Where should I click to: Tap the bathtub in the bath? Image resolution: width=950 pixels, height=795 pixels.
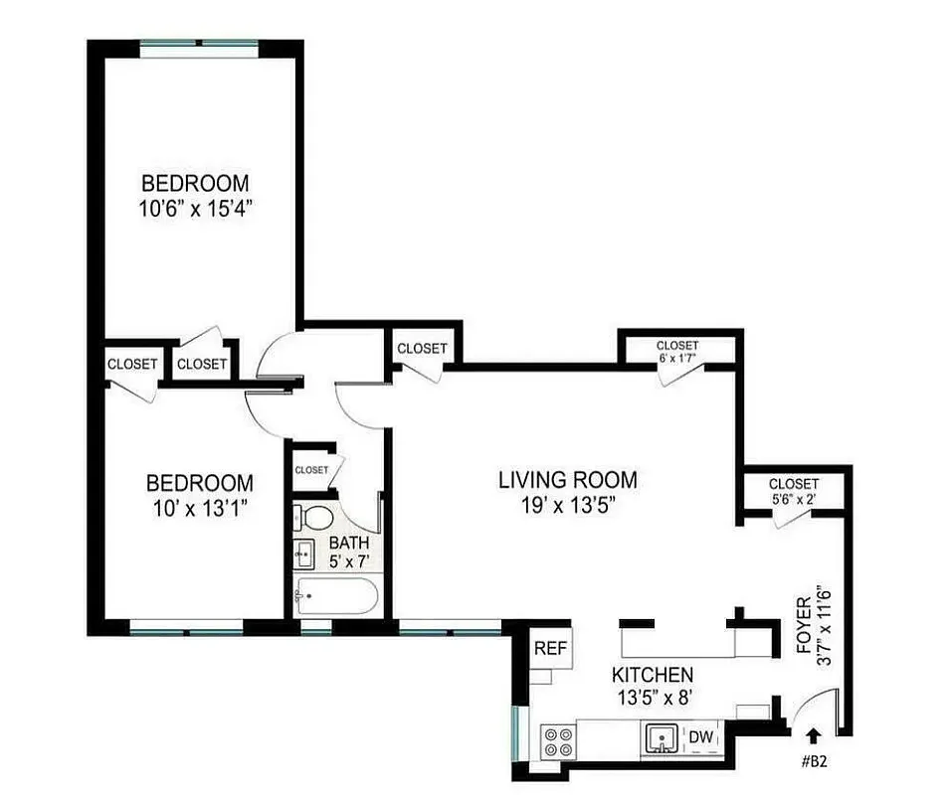(335, 596)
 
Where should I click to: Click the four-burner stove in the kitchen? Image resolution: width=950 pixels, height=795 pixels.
(558, 740)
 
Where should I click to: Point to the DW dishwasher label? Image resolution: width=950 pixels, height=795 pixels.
(701, 737)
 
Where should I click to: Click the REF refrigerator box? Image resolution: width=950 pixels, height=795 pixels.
(550, 648)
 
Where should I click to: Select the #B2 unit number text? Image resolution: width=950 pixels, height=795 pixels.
(814, 762)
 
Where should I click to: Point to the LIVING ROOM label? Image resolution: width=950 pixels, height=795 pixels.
(567, 481)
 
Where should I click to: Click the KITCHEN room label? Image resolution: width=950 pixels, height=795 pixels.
(653, 674)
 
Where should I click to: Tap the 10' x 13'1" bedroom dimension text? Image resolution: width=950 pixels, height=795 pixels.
(198, 508)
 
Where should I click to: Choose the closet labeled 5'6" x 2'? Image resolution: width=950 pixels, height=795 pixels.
(793, 491)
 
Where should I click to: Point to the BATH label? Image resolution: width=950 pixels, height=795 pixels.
(349, 544)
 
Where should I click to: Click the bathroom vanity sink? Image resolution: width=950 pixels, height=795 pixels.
(305, 552)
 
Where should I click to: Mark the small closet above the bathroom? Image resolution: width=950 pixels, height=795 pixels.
(311, 469)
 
